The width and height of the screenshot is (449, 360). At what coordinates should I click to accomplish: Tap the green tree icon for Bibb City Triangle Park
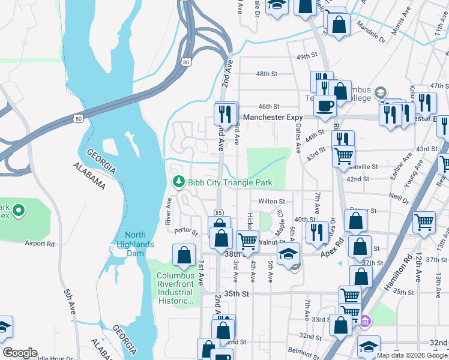coord(178,182)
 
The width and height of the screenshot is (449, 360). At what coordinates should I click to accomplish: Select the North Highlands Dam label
coord(136,240)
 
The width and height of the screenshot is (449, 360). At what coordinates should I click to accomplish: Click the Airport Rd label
coord(40,244)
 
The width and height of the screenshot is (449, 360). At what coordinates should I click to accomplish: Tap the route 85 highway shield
coord(219,212)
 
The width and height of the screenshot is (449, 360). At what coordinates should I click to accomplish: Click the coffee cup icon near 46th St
coord(326,106)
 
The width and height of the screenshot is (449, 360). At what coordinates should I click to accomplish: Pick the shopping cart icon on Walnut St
coord(247,241)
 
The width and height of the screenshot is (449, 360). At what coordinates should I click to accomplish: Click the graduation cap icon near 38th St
coord(289,253)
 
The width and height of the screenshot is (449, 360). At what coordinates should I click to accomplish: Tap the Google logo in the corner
coord(19,353)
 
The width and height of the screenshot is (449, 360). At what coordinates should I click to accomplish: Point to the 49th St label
coord(306,56)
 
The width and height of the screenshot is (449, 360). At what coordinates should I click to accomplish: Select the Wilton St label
coord(270,202)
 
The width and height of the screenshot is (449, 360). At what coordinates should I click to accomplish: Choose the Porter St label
coord(185,230)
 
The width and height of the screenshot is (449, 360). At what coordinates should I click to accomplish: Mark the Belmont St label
coord(303,349)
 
